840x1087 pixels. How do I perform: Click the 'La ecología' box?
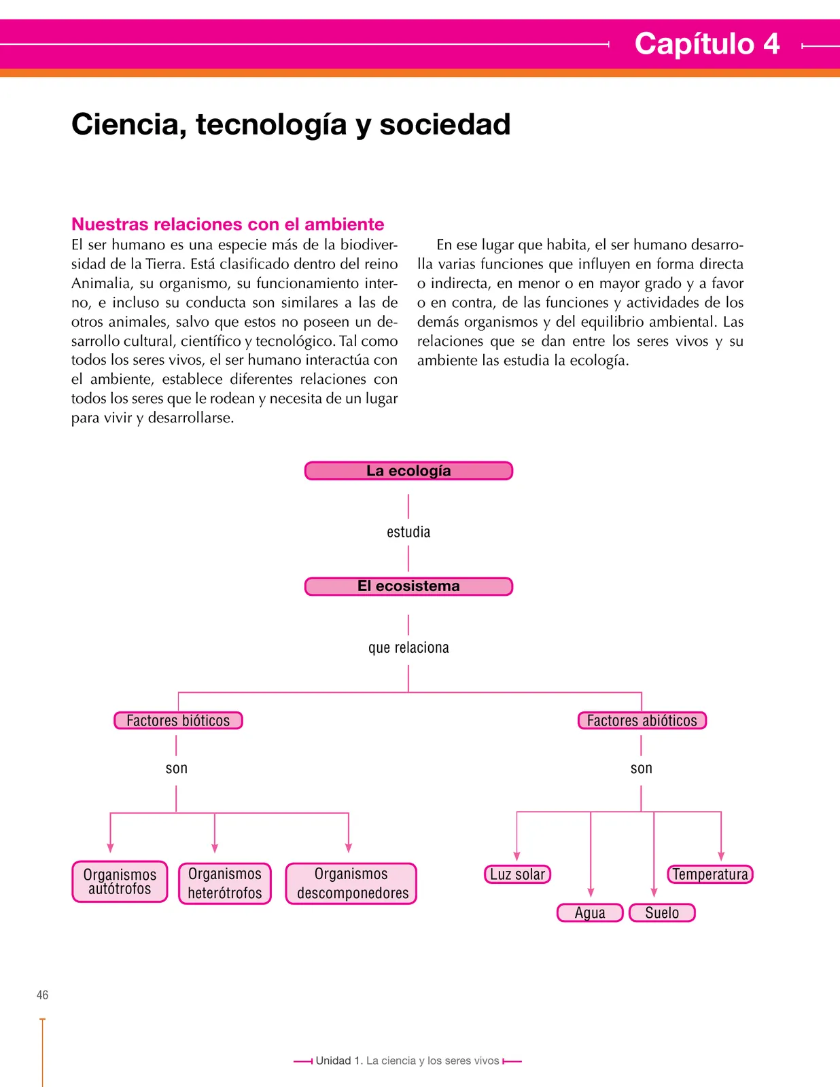pyautogui.click(x=408, y=471)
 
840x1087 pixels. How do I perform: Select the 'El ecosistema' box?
pyautogui.click(x=408, y=586)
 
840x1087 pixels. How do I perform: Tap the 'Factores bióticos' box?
pyautogui.click(x=178, y=720)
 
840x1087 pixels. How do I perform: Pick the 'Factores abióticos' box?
pyautogui.click(x=642, y=720)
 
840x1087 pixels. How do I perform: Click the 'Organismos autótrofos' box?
pyautogui.click(x=120, y=882)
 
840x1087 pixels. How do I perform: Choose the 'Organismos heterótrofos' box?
pyautogui.click(x=225, y=883)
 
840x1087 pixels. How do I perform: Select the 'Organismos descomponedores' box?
pyautogui.click(x=351, y=883)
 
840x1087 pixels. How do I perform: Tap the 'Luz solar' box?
pyautogui.click(x=517, y=874)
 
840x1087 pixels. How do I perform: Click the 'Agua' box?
pyautogui.click(x=590, y=913)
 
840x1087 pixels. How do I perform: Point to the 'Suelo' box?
pyautogui.click(x=662, y=913)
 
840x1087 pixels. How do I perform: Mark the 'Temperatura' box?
pyautogui.click(x=710, y=874)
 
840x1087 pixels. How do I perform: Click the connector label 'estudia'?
pyautogui.click(x=408, y=532)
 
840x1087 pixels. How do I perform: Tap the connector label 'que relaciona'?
pyautogui.click(x=408, y=648)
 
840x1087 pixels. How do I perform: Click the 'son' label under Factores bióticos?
pyautogui.click(x=177, y=768)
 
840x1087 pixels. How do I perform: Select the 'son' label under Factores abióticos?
pyautogui.click(x=642, y=768)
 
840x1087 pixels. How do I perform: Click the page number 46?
pyautogui.click(x=43, y=995)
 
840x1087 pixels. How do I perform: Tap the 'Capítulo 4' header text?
pyautogui.click(x=707, y=43)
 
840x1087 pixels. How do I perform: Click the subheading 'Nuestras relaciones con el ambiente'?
pyautogui.click(x=228, y=224)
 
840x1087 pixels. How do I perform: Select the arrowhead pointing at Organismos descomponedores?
pyautogui.click(x=349, y=848)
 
